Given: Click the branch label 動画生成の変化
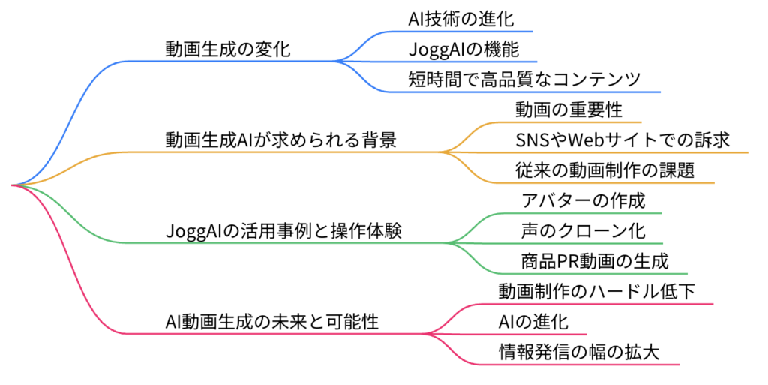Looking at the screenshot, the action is tap(228, 49).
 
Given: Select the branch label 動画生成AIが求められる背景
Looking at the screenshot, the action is tap(281, 140).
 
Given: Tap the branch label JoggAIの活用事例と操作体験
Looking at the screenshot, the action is tap(283, 230).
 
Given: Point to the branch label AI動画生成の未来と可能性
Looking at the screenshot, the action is tap(271, 322).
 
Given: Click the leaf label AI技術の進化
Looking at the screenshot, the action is tap(461, 19).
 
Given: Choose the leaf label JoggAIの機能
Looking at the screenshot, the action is tap(463, 49).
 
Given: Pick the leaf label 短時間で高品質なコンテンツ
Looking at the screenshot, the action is tap(524, 80).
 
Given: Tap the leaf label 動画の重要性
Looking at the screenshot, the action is tap(568, 110).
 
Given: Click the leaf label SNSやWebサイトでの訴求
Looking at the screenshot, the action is tap(622, 140).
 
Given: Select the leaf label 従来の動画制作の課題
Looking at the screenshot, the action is tap(605, 170).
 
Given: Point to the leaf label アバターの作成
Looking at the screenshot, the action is tap(583, 200).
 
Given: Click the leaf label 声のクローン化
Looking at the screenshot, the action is tap(583, 230).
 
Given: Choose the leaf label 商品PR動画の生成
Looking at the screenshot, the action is tap(595, 261).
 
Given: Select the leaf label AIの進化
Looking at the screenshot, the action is tap(533, 322).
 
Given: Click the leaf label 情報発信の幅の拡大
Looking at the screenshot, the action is tap(579, 352).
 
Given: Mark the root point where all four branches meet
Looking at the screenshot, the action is tap(12, 185).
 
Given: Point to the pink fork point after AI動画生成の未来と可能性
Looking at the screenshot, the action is tap(425, 334).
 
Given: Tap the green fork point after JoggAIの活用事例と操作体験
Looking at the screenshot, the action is tap(448, 243).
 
